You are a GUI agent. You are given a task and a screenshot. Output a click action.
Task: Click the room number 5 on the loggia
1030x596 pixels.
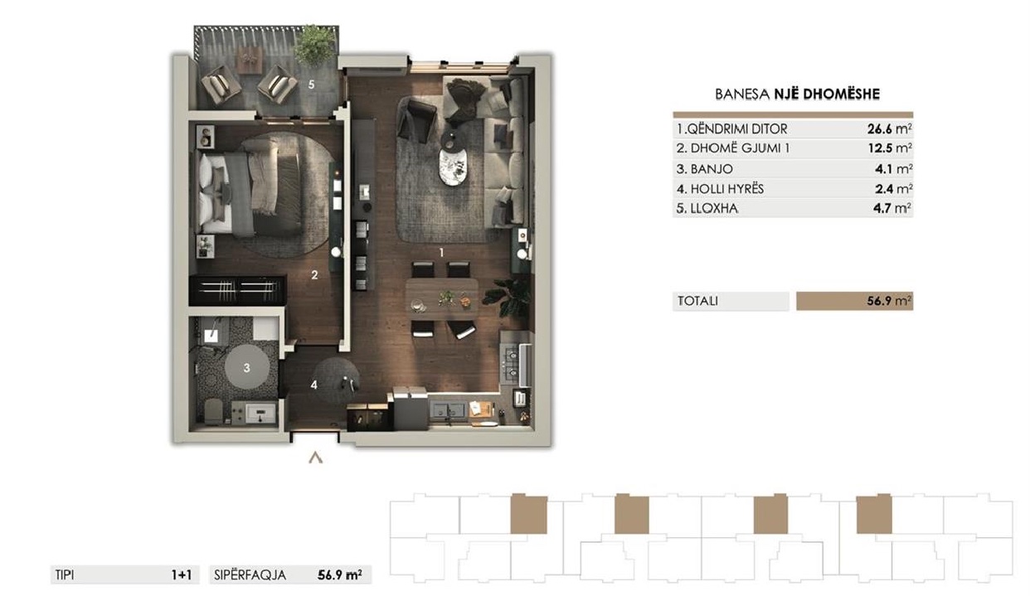(x=311, y=85)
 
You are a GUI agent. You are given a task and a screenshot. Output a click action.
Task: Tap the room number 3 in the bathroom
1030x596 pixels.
(x=247, y=367)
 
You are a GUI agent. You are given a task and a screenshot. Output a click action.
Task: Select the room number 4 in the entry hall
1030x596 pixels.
(x=314, y=385)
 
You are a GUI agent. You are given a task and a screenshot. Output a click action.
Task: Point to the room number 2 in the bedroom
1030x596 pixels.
(x=314, y=275)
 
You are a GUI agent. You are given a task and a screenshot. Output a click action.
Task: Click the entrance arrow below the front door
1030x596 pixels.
(x=315, y=458)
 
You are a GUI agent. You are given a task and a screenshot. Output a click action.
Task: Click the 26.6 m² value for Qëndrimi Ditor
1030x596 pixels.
(x=889, y=129)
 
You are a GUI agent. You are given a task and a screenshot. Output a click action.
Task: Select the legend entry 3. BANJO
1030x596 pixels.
(x=704, y=169)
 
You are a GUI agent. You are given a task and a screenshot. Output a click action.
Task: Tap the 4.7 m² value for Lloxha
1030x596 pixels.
(x=892, y=208)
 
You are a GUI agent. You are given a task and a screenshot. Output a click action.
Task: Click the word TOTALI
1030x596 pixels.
(x=697, y=301)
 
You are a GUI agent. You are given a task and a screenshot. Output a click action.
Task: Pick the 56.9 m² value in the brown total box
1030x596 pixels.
(x=889, y=301)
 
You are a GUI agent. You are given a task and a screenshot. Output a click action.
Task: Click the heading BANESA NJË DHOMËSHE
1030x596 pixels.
(x=797, y=94)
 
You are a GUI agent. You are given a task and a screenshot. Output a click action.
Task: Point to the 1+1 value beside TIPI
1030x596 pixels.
(x=182, y=574)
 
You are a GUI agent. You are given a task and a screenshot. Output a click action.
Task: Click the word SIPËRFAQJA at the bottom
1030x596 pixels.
(x=250, y=574)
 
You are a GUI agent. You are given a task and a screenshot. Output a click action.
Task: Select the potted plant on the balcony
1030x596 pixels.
(x=314, y=45)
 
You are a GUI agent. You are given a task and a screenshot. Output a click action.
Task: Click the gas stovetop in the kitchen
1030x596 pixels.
(x=512, y=363)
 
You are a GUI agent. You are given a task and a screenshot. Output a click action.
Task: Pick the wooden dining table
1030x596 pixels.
(x=442, y=298)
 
